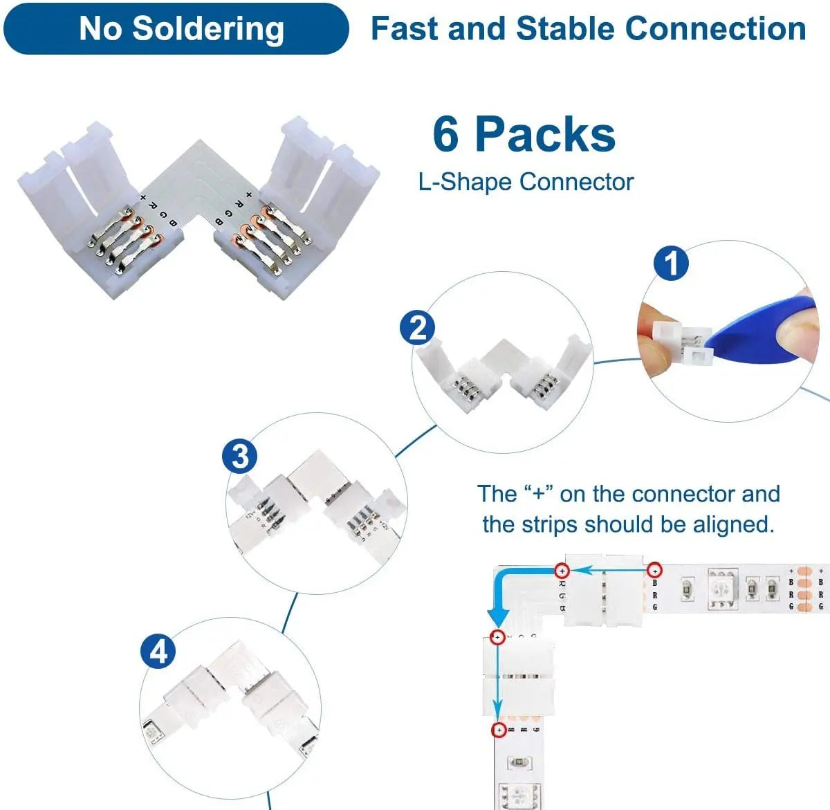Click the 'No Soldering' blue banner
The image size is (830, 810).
click(176, 29)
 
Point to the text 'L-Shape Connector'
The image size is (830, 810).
click(526, 182)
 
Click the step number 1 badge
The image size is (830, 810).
click(671, 263)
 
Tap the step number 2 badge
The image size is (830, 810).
click(418, 328)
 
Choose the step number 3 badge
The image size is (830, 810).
click(239, 457)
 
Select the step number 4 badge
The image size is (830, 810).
click(158, 652)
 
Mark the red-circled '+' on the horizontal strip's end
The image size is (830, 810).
click(654, 571)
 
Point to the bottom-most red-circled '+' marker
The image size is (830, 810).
click(498, 730)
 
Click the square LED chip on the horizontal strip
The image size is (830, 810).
click(722, 589)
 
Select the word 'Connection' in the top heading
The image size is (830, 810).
click(715, 29)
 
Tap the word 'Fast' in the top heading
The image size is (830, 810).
click(405, 29)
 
